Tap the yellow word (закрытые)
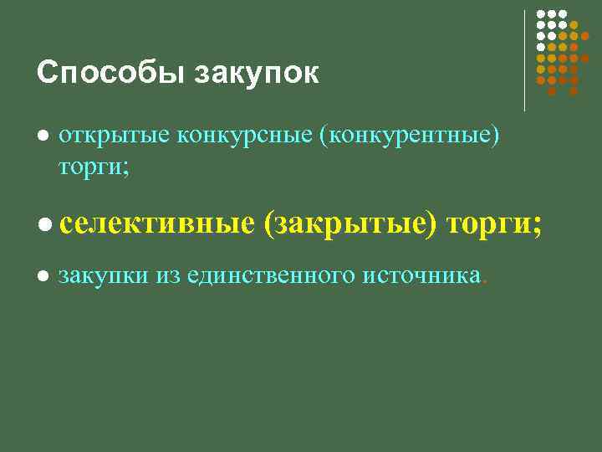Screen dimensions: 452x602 [350, 223]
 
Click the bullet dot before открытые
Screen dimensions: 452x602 [43, 136]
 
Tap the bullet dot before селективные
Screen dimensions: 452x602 [44, 224]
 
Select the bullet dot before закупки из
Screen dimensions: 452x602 [43, 276]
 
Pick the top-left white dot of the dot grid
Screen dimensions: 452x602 [542, 14]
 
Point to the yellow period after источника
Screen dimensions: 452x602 [484, 281]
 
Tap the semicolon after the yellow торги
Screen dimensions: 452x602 [537, 226]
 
